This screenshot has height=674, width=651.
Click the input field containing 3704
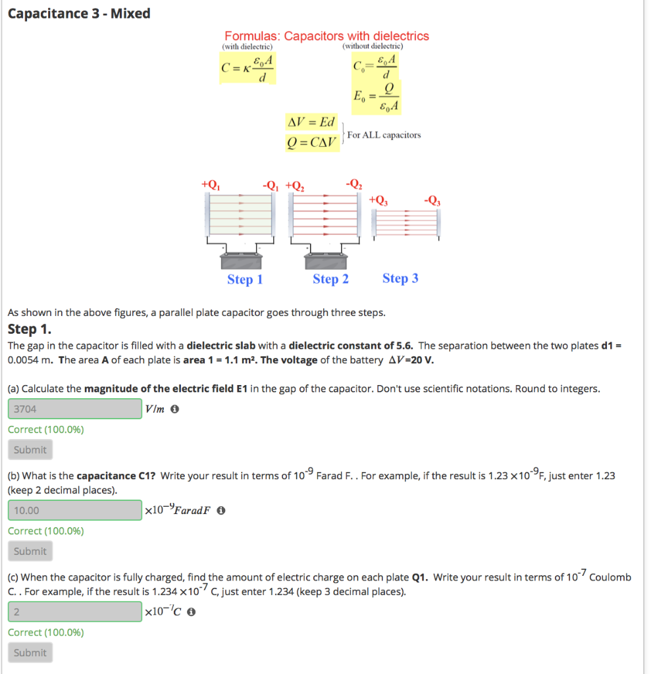coord(75,409)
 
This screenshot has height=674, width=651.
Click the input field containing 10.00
coord(75,510)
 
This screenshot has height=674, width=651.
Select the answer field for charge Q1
coord(75,611)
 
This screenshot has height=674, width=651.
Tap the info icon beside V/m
coord(175,409)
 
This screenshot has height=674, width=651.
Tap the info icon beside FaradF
coord(221,511)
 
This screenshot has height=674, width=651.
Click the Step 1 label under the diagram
coord(245,280)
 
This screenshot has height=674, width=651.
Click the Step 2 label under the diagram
coord(330,279)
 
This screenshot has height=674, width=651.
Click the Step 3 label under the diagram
coord(400,278)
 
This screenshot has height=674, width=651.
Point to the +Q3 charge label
coord(379,199)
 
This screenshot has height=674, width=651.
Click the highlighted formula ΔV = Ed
coord(312,122)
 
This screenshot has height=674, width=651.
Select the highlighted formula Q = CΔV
coord(312,142)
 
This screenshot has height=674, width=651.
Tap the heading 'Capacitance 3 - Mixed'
coord(79,13)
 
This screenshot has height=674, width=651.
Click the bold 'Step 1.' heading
coord(29,329)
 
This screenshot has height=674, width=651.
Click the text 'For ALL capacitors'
coord(384,135)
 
